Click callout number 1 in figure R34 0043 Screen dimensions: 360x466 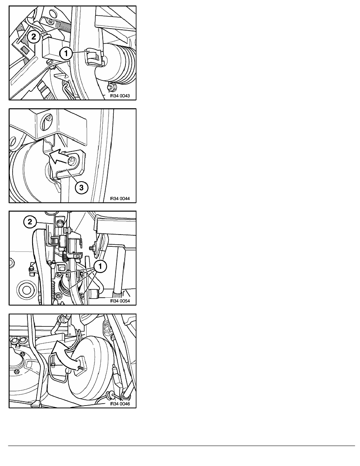[x=66, y=54]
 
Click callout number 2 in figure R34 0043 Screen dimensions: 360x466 [x=33, y=36]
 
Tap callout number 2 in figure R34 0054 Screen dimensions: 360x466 [x=30, y=222]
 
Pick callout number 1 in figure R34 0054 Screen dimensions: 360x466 [x=100, y=266]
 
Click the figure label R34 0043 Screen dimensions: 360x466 [x=120, y=96]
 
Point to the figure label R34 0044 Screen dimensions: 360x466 [x=120, y=198]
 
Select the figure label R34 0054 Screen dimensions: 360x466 [x=120, y=301]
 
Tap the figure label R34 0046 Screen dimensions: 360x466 [x=120, y=404]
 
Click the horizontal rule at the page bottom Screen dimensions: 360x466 [x=182, y=446]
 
